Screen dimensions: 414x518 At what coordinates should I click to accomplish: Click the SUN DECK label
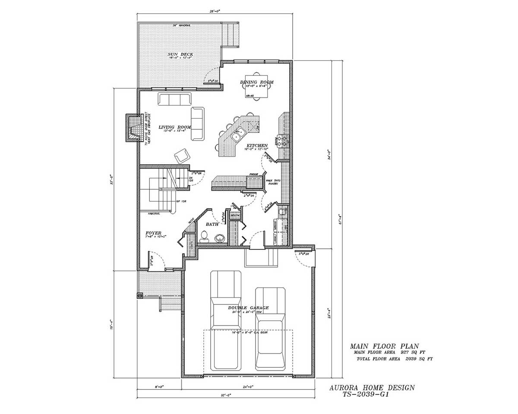coord(180,54)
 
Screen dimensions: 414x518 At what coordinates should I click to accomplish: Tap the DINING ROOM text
coord(257,82)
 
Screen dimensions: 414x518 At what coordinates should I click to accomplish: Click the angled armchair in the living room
coord(182,155)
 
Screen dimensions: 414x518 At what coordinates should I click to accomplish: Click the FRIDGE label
coord(253,175)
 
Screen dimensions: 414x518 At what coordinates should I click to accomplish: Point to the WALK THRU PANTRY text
coord(272,182)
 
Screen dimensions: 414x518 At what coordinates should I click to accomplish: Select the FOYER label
coord(153,233)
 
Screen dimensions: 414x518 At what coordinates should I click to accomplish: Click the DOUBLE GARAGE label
coord(248,308)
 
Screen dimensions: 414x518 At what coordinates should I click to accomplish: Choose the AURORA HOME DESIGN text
coord(372,388)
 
